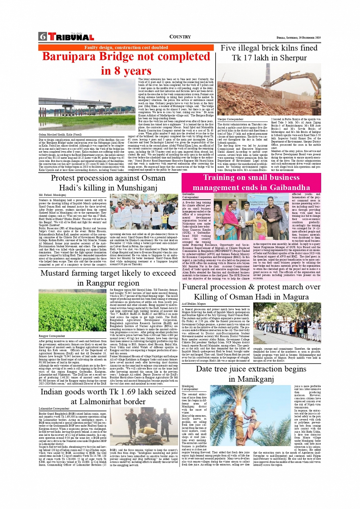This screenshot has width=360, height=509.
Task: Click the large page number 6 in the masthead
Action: (43, 37)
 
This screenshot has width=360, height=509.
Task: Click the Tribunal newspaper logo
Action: (71, 37)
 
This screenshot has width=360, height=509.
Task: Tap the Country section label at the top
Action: (180, 37)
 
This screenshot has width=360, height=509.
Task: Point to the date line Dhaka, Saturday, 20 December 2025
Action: (298, 38)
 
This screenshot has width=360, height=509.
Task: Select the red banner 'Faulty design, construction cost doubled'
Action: (126, 48)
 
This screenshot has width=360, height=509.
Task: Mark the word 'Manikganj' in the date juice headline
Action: (251, 379)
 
